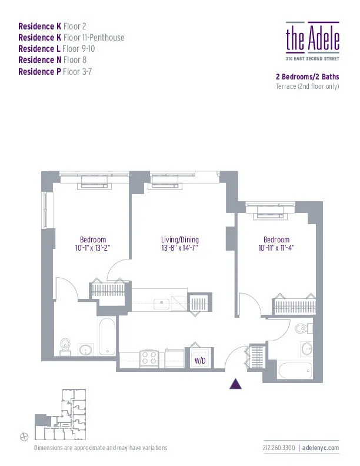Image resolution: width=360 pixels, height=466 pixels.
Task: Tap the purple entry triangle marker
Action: tap(235, 384)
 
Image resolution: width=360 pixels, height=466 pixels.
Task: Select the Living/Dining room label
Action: tap(180, 239)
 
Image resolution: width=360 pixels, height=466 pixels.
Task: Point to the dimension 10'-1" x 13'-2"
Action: tap(93, 248)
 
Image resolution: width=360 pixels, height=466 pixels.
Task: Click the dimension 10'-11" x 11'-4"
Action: tap(276, 248)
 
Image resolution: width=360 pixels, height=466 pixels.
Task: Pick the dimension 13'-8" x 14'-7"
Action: tap(180, 248)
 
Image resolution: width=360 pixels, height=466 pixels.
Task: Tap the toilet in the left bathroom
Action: tap(66, 347)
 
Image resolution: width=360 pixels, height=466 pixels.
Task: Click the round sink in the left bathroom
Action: tap(86, 349)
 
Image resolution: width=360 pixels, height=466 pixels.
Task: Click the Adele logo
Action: tap(312, 39)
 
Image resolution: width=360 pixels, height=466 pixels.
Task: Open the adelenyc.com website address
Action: tap(322, 448)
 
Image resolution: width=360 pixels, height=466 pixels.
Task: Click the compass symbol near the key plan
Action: tap(24, 435)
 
